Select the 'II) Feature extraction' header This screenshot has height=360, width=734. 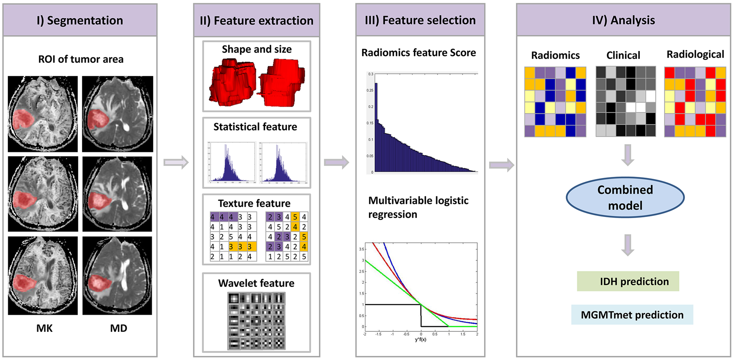(x=256, y=21)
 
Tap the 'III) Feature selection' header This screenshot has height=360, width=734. (x=420, y=20)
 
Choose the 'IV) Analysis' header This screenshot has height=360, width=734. (x=623, y=20)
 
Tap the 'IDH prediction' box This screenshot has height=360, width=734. (x=628, y=281)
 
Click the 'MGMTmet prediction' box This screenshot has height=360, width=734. (x=632, y=315)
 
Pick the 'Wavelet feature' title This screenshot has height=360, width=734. (x=256, y=283)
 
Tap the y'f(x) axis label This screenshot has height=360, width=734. (x=421, y=339)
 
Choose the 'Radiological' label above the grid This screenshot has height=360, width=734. (x=695, y=54)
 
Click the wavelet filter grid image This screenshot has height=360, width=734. (x=256, y=321)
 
